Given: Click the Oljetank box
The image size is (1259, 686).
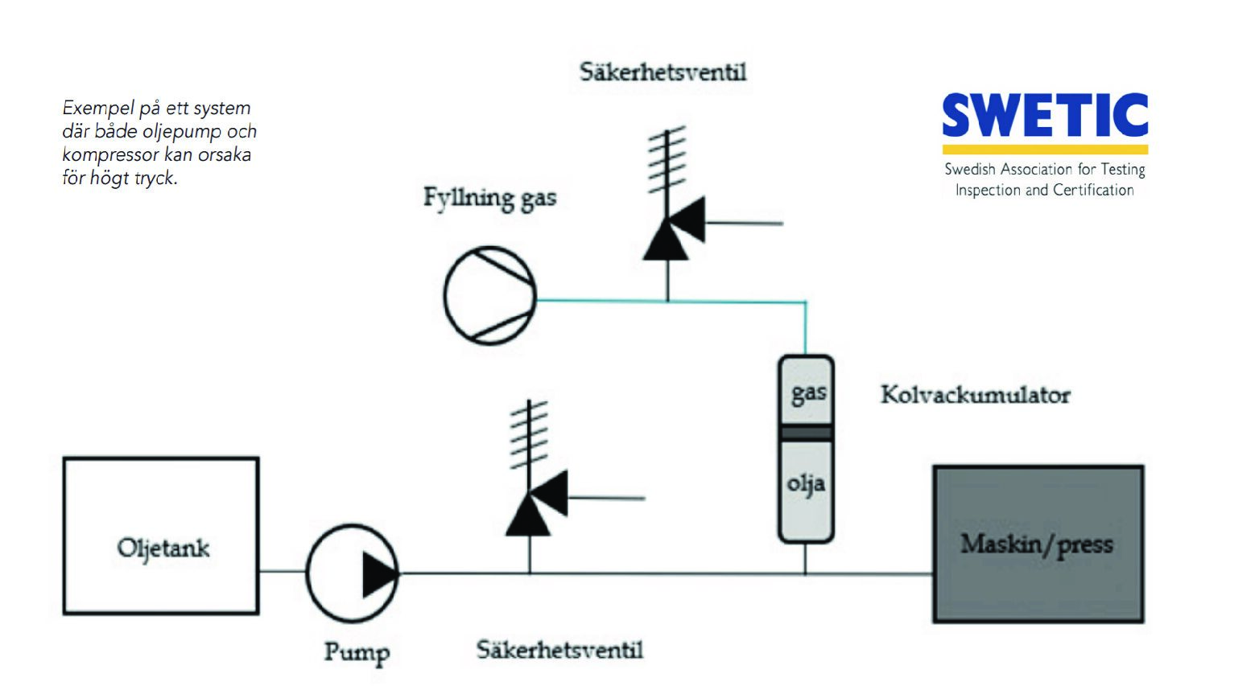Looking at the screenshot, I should point(161,536).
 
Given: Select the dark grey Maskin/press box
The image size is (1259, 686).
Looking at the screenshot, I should point(1038,544).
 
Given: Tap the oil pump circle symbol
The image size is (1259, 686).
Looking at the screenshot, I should point(353,573).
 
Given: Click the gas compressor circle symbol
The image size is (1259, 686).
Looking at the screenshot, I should point(490,295).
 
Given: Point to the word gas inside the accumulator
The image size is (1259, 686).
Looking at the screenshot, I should point(808,393).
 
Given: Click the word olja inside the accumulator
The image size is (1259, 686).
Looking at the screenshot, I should point(806,484).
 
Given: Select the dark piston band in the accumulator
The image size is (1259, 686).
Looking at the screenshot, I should point(806,433).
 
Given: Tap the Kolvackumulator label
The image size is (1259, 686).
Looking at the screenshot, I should point(975,395).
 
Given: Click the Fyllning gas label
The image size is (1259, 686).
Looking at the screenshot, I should point(489,198).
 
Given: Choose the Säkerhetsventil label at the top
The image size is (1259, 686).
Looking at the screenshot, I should point(663,72).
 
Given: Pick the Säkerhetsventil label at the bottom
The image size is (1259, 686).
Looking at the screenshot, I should point(559,649).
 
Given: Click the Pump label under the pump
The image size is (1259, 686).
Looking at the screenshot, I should point(357,651).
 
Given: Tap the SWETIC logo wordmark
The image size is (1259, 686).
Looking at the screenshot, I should point(1045,115).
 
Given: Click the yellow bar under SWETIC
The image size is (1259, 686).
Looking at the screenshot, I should point(1045,150).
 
